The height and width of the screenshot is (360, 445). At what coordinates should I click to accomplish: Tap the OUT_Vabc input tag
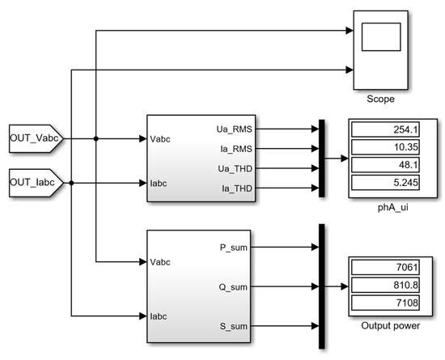(x=34, y=138)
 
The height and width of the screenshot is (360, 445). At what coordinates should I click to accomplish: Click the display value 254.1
(x=386, y=129)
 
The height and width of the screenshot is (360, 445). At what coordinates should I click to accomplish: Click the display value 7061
(x=386, y=268)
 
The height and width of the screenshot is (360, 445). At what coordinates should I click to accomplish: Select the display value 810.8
(x=386, y=285)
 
